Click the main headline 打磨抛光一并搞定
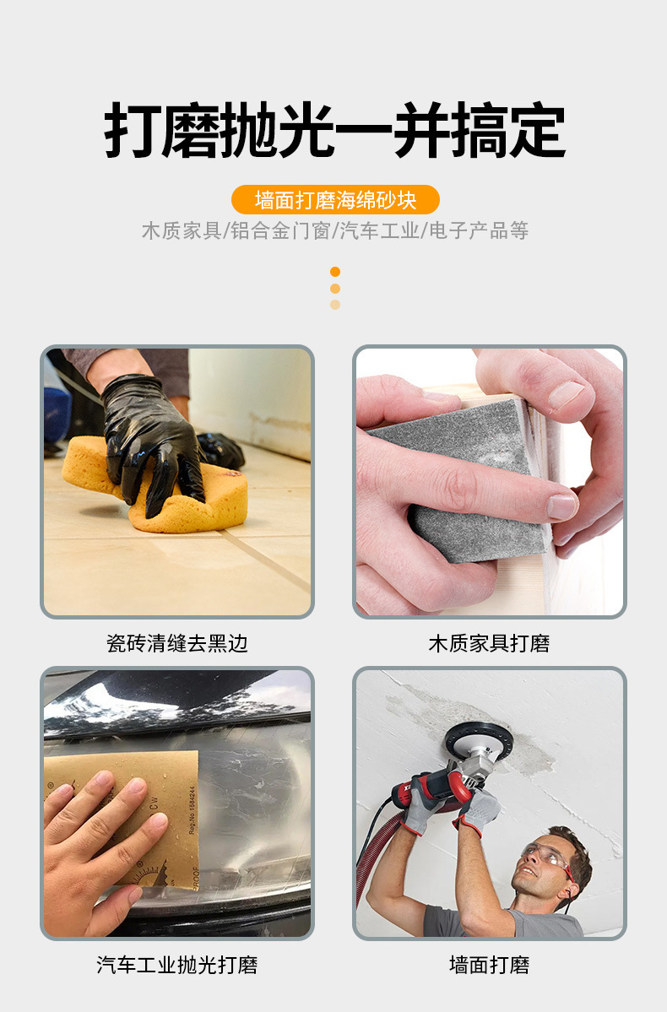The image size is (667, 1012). (334, 130)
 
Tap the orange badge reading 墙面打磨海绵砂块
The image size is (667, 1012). (335, 200)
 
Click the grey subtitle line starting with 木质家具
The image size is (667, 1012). (335, 230)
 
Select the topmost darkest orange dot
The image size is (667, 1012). (335, 272)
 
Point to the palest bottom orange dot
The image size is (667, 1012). (335, 305)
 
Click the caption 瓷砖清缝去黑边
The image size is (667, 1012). (177, 643)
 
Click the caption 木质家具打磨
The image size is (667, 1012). (490, 643)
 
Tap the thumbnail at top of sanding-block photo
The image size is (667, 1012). (567, 395)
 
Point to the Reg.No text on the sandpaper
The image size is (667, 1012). (192, 809)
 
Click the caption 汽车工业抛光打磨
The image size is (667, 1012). (177, 966)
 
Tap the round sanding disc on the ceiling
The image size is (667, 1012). (479, 741)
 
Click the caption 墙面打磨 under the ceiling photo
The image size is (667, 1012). (490, 966)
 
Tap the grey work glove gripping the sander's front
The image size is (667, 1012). (478, 810)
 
